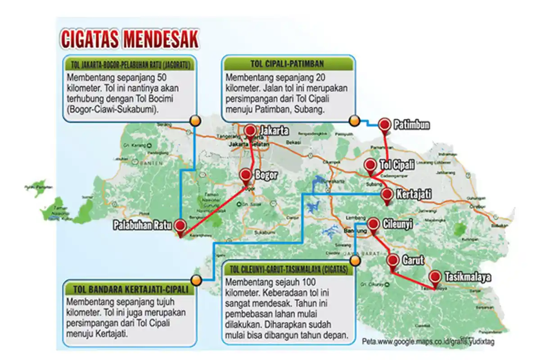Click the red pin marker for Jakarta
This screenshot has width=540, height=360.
click(x=250, y=130)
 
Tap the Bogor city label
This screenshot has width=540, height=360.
click(x=266, y=175)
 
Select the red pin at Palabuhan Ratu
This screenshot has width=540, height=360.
click(x=180, y=226)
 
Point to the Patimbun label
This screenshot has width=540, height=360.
click(x=411, y=125)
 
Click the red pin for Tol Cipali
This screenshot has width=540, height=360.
click(x=370, y=165)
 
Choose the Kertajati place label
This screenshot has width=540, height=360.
click(x=414, y=195)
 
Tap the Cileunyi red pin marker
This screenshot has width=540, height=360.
click(x=373, y=224)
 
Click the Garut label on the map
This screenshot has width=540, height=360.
click(x=412, y=261)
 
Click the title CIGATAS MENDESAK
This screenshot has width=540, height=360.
click(x=129, y=40)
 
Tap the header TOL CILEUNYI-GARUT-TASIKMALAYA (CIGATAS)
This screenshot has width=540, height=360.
click(x=288, y=270)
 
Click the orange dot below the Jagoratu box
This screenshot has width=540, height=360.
click(x=195, y=120)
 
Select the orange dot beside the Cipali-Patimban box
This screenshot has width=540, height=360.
click(x=355, y=120)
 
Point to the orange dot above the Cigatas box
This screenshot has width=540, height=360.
click(x=355, y=261)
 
